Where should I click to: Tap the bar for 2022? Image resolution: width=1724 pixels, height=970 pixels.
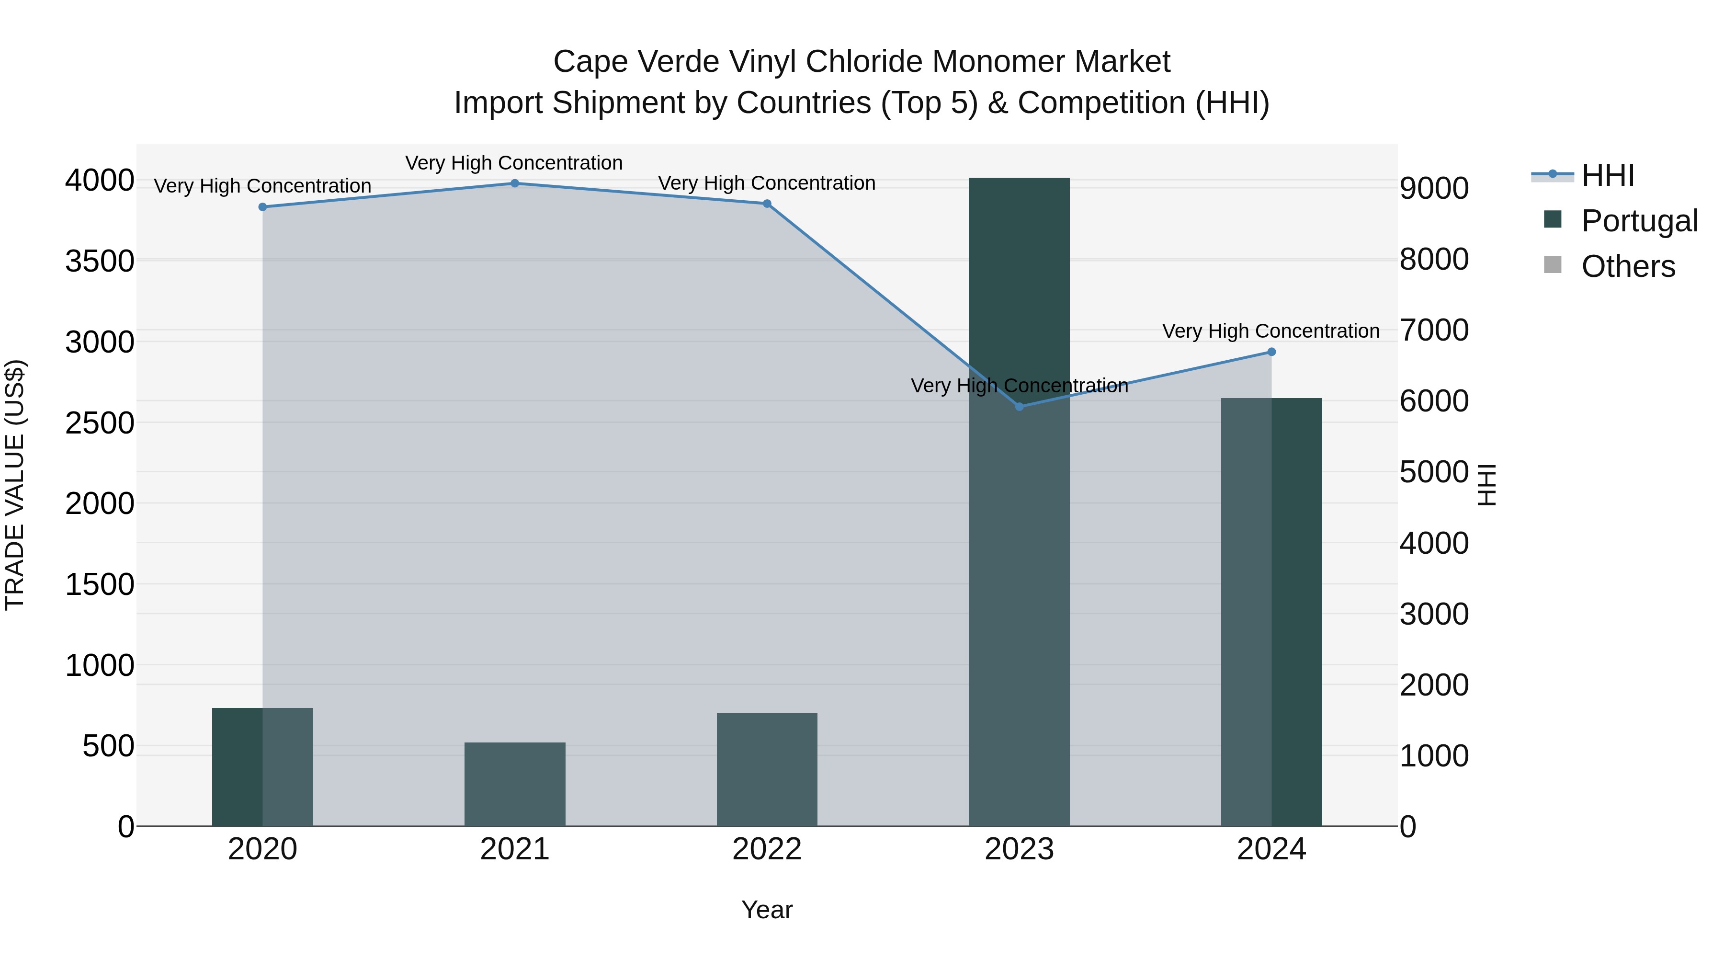(x=767, y=769)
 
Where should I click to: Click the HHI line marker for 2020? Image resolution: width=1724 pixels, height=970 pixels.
(x=262, y=207)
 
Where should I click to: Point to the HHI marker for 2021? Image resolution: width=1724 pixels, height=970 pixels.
(x=515, y=183)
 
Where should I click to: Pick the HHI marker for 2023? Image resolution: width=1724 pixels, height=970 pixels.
(x=1019, y=406)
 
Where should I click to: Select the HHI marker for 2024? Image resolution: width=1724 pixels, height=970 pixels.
(x=1271, y=352)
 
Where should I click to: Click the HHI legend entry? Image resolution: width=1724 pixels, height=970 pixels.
(x=1607, y=175)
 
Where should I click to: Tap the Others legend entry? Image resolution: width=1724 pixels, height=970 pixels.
(x=1627, y=266)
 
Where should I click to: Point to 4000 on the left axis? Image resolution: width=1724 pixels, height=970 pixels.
(x=99, y=181)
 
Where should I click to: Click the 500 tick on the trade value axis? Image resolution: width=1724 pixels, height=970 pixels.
(x=108, y=746)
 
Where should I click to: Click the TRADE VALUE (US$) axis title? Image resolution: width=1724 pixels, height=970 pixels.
(x=15, y=485)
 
